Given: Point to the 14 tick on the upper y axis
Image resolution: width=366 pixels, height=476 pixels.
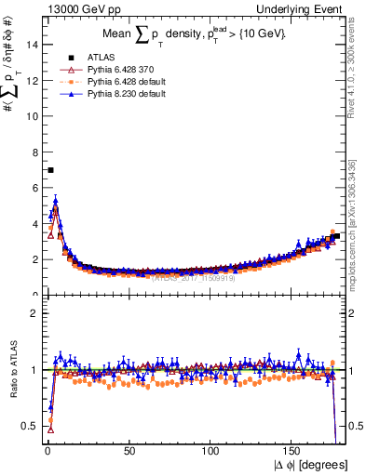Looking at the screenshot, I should (x=34, y=45).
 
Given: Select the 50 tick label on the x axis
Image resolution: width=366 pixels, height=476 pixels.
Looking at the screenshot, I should (x=129, y=452).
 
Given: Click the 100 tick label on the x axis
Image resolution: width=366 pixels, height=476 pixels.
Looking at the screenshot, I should (x=210, y=452).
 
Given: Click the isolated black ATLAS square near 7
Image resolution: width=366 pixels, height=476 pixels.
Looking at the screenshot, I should (x=50, y=170).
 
